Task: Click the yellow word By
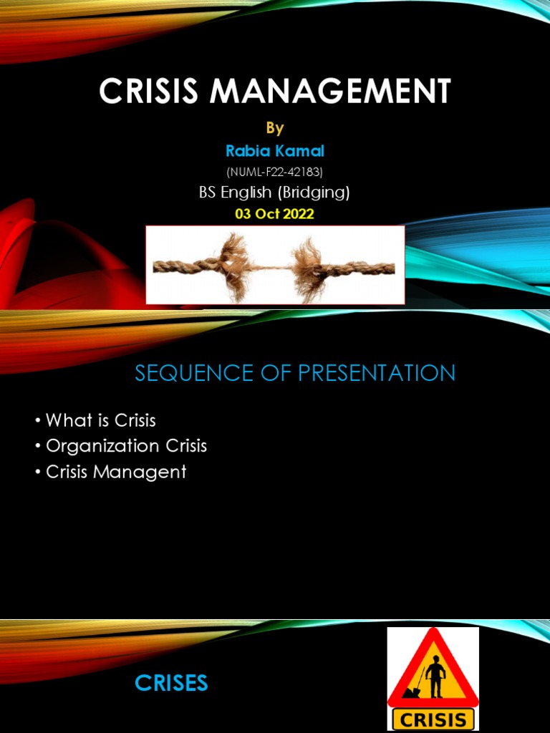point(275,128)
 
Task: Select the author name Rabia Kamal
point(275,151)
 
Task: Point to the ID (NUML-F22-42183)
point(275,172)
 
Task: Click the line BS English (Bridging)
point(275,192)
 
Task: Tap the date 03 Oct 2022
point(275,213)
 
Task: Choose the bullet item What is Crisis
point(100,420)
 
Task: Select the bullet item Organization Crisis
point(126,446)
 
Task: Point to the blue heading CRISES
point(171,684)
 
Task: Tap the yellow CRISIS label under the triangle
point(433,719)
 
